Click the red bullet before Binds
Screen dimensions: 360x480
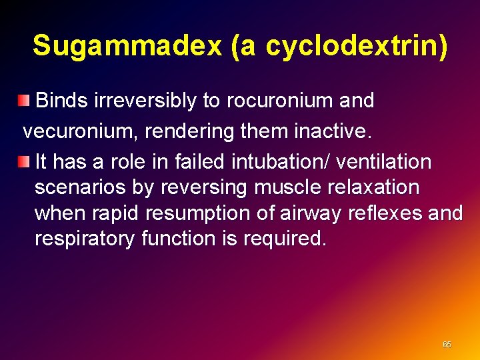[25, 101]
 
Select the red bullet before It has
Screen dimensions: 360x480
[25, 161]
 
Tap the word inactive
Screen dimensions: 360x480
[332, 131]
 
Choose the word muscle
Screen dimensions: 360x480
[283, 187]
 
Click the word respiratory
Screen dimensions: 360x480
[85, 239]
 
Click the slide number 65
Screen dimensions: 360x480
[447, 345]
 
